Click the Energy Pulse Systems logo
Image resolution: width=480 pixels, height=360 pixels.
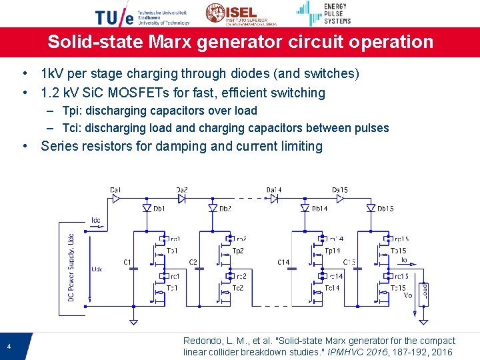point(323,13)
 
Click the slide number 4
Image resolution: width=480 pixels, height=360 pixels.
point(9,346)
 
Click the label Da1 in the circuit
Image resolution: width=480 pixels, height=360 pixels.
point(116,190)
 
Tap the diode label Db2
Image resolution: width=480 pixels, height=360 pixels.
point(225,209)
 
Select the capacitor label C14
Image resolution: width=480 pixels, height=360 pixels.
point(284,262)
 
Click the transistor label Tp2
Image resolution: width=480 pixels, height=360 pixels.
point(238,251)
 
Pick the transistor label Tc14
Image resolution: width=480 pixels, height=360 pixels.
point(331,288)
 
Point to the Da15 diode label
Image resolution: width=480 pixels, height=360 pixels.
point(340,190)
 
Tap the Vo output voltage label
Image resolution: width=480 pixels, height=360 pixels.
point(408,295)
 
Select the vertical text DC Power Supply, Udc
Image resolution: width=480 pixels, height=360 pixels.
point(71,267)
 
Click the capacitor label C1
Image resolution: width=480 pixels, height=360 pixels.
point(127,262)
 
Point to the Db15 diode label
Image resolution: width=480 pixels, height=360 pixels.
point(385,209)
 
